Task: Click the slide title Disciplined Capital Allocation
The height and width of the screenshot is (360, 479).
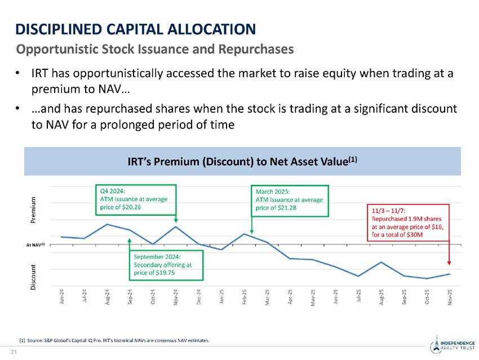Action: pyautogui.click(x=135, y=28)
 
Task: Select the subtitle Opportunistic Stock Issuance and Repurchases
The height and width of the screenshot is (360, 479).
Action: pyautogui.click(x=155, y=49)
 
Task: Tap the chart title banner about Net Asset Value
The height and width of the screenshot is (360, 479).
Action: pyautogui.click(x=242, y=162)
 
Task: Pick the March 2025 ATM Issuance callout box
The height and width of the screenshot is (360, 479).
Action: pyautogui.click(x=289, y=199)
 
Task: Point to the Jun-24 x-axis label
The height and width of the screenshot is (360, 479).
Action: pyautogui.click(x=62, y=297)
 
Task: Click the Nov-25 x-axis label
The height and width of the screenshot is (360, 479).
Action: pyautogui.click(x=449, y=297)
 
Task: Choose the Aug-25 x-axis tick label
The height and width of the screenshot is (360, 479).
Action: pyautogui.click(x=382, y=297)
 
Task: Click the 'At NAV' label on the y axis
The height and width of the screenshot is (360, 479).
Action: pyautogui.click(x=35, y=245)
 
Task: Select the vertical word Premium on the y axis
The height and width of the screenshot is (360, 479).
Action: pyautogui.click(x=34, y=211)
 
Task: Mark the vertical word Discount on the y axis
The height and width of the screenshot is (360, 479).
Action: pyautogui.click(x=34, y=277)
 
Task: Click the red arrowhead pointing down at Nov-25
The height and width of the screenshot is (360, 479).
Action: pyautogui.click(x=449, y=261)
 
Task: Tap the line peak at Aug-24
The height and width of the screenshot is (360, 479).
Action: pyautogui.click(x=107, y=224)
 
